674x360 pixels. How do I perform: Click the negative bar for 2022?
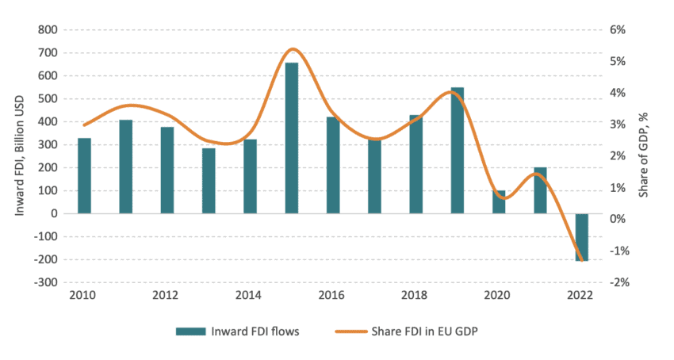pyautogui.click(x=582, y=237)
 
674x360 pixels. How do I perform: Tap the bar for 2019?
pyautogui.click(x=458, y=150)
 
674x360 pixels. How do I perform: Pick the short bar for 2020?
pyautogui.click(x=499, y=202)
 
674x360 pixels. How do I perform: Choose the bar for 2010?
pyautogui.click(x=84, y=175)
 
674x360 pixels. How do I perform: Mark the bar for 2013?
pyautogui.click(x=209, y=181)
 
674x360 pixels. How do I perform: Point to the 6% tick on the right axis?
pyautogui.click(x=618, y=30)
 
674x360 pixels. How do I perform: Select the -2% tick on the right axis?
pyautogui.click(x=617, y=283)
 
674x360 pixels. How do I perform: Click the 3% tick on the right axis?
pyautogui.click(x=618, y=124)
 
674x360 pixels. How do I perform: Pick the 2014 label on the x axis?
pyautogui.click(x=250, y=296)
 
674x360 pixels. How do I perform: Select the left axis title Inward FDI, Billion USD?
pyautogui.click(x=18, y=155)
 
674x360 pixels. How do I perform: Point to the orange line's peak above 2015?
pyautogui.click(x=293, y=49)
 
